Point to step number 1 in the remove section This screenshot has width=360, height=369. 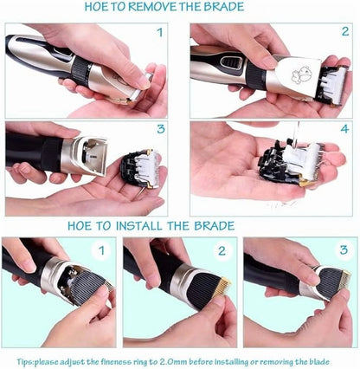click(159, 35)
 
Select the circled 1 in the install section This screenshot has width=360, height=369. click(101, 253)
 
